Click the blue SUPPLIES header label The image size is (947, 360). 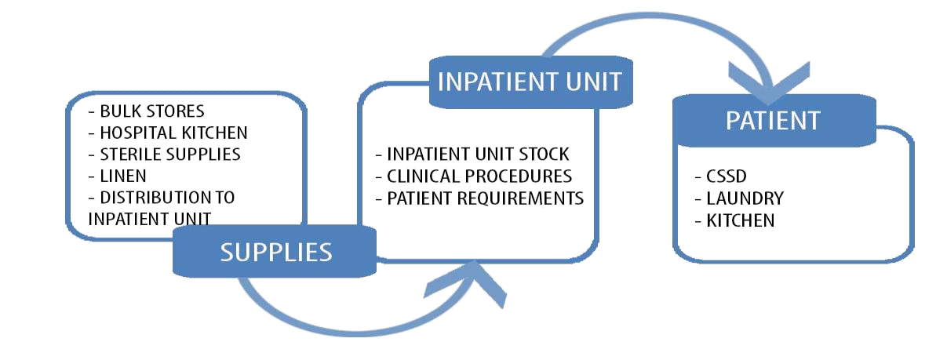275,252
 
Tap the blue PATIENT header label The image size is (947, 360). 772,121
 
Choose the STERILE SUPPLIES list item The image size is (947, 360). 169,154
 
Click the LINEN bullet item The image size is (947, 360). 126,175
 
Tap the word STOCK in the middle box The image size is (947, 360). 541,154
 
